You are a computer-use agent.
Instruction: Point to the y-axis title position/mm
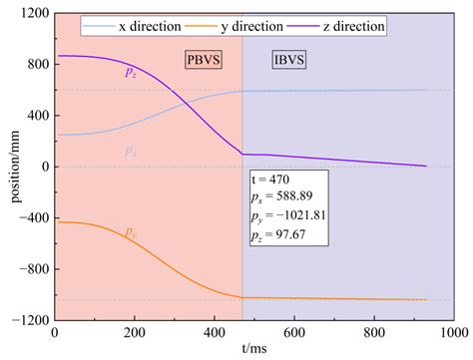click(9, 167)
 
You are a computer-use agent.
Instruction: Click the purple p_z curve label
click(131, 72)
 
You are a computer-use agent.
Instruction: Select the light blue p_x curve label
click(131, 151)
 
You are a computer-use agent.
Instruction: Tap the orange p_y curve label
click(131, 232)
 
